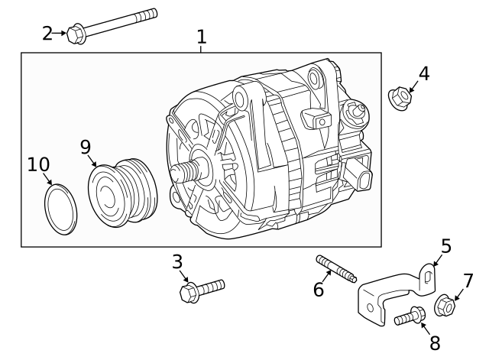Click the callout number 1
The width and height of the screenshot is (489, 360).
[201, 36]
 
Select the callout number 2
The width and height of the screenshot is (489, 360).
[47, 33]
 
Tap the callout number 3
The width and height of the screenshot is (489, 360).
[177, 262]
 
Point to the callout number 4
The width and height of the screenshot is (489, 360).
[423, 74]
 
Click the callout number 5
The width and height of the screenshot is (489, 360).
[446, 246]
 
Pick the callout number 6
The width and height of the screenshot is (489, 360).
[319, 290]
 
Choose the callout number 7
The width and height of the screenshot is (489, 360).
[468, 281]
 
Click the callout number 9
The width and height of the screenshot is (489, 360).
[86, 146]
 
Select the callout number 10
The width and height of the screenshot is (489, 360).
[38, 164]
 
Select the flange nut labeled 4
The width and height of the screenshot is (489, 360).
[400, 98]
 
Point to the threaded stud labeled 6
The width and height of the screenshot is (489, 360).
[336, 270]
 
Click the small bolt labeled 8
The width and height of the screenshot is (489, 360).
[411, 316]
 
